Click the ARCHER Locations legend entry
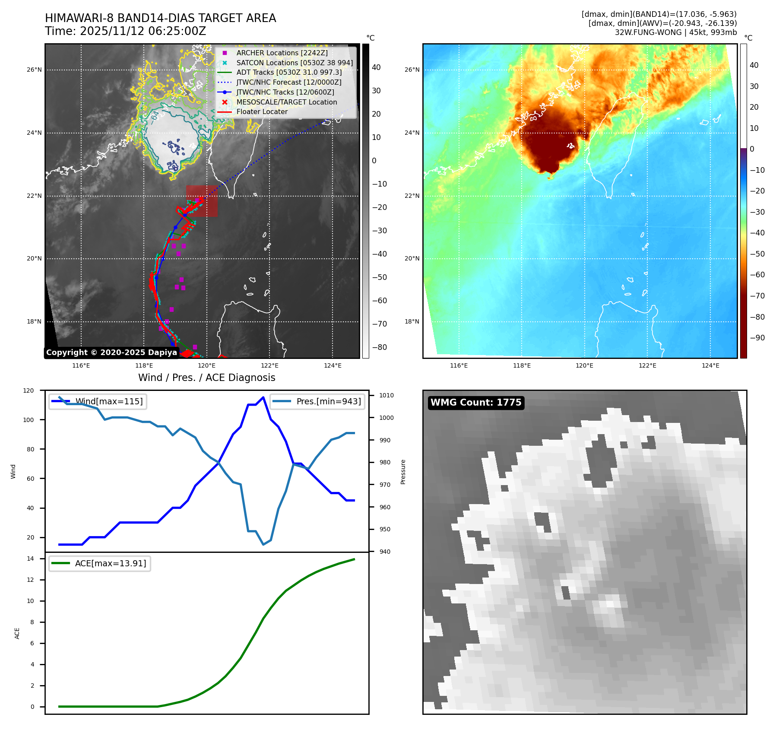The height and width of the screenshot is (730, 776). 282,53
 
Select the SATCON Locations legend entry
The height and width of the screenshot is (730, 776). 295,63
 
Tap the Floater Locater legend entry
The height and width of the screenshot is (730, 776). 262,111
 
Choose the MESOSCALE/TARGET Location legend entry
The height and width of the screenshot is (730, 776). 287,102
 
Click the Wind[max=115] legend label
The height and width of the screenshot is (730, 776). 109,401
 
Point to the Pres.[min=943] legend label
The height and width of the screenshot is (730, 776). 329,401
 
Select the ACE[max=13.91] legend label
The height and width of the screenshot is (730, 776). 111,563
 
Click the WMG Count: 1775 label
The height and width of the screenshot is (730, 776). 476,403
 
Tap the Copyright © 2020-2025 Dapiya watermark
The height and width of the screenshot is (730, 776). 111,352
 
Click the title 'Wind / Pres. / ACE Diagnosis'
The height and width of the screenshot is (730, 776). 206,378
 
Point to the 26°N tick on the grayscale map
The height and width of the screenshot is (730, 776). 35,70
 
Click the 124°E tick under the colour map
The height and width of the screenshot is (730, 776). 710,365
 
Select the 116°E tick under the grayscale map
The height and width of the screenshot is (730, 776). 81,365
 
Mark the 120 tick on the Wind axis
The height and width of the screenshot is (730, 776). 29,390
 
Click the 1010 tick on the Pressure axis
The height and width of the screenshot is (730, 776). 386,395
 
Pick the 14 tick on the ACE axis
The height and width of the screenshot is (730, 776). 30,559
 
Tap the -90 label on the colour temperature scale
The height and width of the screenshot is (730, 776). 757,338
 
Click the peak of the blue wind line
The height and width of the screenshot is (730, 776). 263,397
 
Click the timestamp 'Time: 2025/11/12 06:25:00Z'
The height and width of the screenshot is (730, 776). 125,31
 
